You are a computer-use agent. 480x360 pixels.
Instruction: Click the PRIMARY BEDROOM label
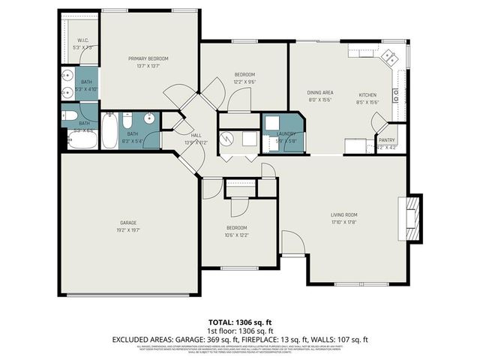click(148, 58)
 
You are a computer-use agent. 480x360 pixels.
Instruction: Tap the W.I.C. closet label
click(83, 40)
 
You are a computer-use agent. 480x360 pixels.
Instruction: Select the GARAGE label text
click(129, 223)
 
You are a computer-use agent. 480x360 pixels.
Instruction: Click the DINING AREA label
click(320, 92)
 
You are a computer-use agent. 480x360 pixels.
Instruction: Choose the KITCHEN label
click(367, 94)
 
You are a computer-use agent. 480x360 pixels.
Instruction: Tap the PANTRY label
click(387, 139)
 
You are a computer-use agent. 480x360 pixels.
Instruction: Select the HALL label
click(196, 135)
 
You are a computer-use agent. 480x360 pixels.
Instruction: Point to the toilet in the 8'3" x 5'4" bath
click(128, 121)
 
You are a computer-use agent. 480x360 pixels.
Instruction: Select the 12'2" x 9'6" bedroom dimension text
click(244, 82)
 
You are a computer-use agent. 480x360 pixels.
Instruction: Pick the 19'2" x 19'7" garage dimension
click(129, 230)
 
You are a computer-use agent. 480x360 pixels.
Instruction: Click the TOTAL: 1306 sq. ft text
click(240, 320)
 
